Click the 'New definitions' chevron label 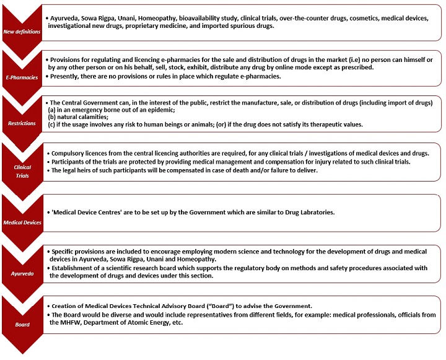(22, 30)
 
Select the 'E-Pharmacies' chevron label (22, 77)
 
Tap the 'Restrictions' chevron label (22, 123)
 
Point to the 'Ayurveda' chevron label (22, 270)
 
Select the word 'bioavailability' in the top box (190, 18)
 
